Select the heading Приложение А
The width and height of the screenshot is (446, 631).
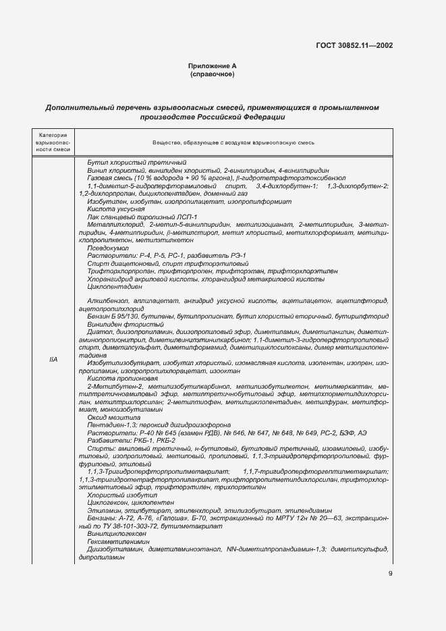pyautogui.click(x=213, y=66)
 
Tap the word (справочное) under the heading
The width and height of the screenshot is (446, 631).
pyautogui.click(x=213, y=74)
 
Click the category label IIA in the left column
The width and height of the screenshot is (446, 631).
pyautogui.click(x=53, y=360)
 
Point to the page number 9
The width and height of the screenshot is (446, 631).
pyautogui.click(x=390, y=574)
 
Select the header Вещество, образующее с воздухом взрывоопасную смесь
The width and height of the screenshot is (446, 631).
pyautogui.click(x=233, y=143)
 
